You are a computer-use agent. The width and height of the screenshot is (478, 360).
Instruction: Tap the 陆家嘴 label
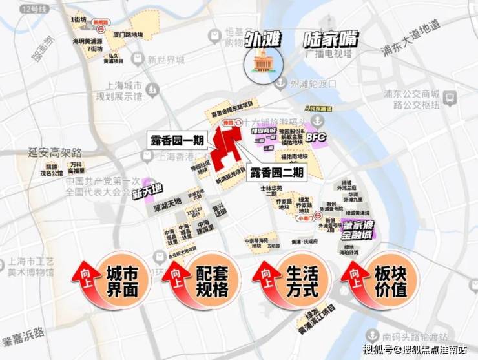329,39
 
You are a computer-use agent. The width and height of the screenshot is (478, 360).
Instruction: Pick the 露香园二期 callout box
276,171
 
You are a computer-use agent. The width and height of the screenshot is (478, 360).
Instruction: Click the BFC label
317,138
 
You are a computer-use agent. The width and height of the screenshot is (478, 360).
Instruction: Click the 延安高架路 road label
55,153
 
